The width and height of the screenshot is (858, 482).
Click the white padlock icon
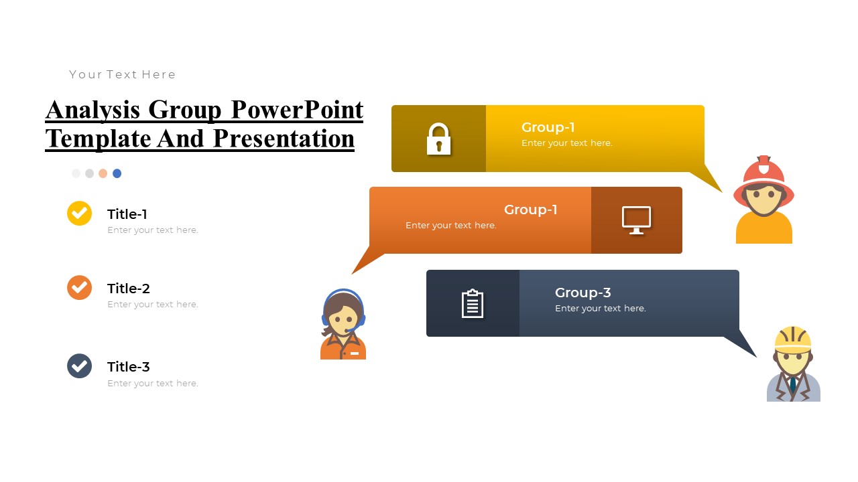439,139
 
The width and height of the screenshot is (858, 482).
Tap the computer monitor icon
636,220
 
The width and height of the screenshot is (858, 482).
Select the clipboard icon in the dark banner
473,303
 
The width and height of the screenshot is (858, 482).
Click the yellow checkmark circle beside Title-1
79,214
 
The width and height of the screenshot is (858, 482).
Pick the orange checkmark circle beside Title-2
79,288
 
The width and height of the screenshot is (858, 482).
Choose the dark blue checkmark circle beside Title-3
79,366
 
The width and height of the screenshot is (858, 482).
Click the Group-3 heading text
583,293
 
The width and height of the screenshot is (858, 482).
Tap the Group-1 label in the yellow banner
548,127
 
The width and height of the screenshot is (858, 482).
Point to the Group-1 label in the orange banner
530,210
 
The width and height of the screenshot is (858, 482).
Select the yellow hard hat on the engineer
793,339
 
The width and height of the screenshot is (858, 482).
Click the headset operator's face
344,319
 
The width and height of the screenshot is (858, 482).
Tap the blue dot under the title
117,173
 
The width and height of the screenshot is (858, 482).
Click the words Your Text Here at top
123,74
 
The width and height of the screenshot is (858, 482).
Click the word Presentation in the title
284,138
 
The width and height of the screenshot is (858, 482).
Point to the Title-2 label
128,289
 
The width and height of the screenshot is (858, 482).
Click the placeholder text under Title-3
153,384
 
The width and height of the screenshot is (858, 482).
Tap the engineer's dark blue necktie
793,385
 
